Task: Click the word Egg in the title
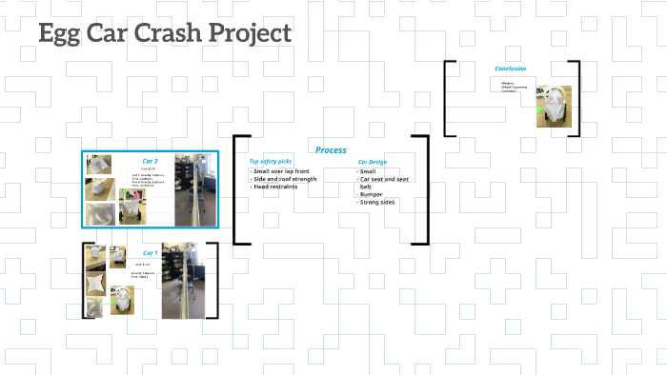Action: tap(62, 33)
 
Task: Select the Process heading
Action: tap(331, 150)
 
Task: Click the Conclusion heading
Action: tap(510, 69)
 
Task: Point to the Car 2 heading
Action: tap(150, 161)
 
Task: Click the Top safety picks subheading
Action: tap(271, 162)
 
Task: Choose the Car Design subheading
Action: tap(372, 163)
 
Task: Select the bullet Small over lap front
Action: tap(284, 171)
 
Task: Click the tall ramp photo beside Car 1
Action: tap(178, 281)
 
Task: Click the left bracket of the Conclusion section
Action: tap(448, 98)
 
